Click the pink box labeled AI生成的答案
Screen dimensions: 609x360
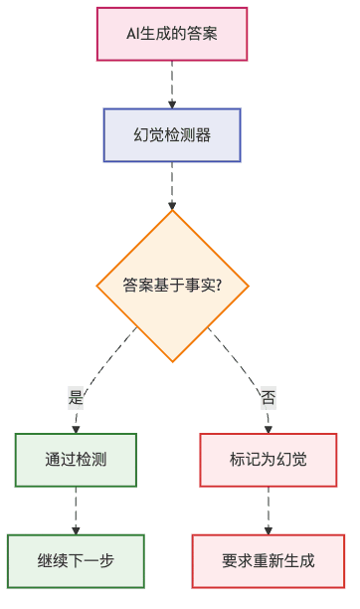pyautogui.click(x=172, y=34)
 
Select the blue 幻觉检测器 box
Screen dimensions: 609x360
pyautogui.click(x=172, y=134)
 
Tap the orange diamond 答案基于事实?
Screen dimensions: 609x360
pyautogui.click(x=172, y=286)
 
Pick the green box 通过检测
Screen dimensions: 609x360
pyautogui.click(x=76, y=460)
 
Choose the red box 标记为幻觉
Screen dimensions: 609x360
pyautogui.click(x=268, y=460)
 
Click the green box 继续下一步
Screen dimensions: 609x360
pyautogui.click(x=76, y=560)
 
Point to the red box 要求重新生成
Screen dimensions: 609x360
pyautogui.click(x=268, y=560)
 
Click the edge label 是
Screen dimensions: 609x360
pyautogui.click(x=76, y=397)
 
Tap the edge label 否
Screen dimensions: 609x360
pyautogui.click(x=268, y=397)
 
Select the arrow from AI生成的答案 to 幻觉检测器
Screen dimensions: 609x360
pyautogui.click(x=172, y=85)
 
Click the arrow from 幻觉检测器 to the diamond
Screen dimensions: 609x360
pyautogui.click(x=172, y=185)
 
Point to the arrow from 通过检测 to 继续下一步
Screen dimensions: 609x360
pyautogui.click(x=76, y=509)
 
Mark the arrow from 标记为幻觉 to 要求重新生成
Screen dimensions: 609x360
pyautogui.click(x=268, y=509)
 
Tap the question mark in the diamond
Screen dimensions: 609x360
pyautogui.click(x=218, y=286)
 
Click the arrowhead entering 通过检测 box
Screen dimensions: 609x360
pyautogui.click(x=76, y=429)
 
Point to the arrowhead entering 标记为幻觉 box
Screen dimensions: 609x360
pyautogui.click(x=268, y=429)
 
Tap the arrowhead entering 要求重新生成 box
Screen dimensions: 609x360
pyautogui.click(x=268, y=530)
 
